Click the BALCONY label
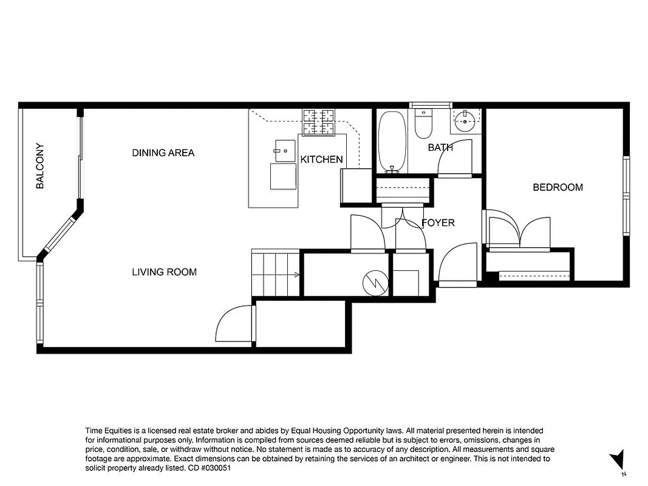pos(40,166)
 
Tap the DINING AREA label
pos(163,152)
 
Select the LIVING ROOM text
pos(164,272)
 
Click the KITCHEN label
pos(321,160)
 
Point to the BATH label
pos(440,148)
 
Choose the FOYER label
pos(438,223)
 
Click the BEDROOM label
pos(558,187)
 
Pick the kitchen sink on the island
pos(284,150)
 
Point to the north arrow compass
pos(618,460)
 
